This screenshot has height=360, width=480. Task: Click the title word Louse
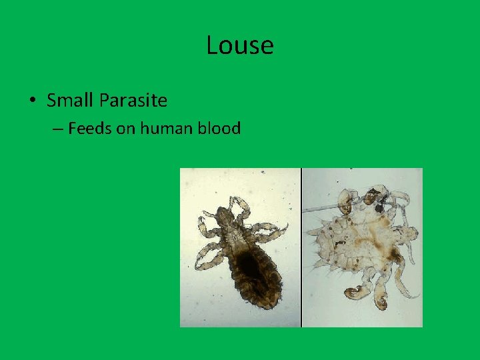click(240, 45)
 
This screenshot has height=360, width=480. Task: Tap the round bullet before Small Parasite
click(33, 101)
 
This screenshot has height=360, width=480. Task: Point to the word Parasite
click(133, 101)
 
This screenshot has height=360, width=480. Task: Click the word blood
click(219, 128)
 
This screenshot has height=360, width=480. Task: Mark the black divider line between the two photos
click(302, 247)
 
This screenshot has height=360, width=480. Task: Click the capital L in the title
click(213, 45)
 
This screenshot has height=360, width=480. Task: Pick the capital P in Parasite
click(103, 101)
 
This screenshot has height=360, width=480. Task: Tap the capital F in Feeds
click(72, 128)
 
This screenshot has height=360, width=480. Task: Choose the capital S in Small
click(51, 101)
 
